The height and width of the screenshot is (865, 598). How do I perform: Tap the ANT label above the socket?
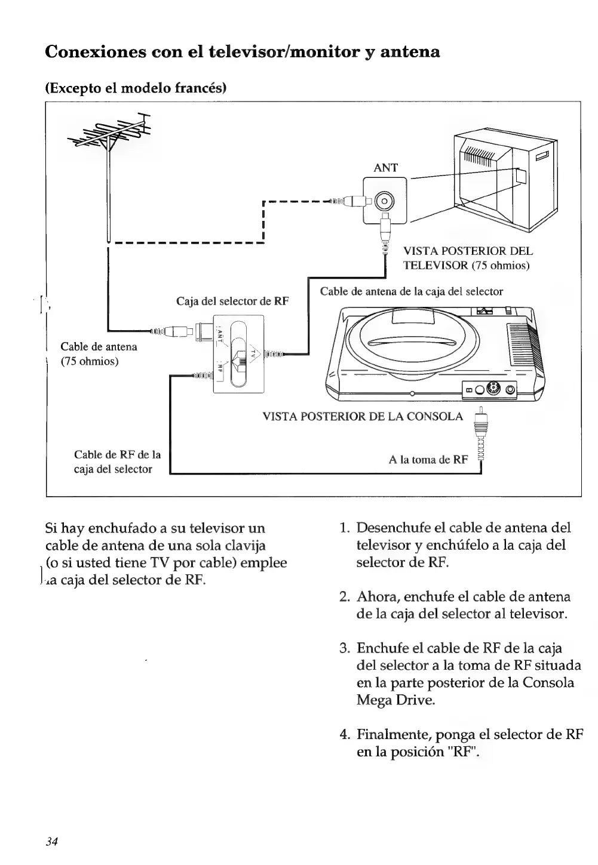click(385, 168)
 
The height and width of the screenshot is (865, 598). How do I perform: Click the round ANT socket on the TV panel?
click(385, 200)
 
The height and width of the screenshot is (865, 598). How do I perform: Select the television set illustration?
click(505, 179)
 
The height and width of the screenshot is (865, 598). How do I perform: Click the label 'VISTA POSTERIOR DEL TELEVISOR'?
click(468, 258)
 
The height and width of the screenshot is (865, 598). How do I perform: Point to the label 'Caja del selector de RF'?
click(232, 301)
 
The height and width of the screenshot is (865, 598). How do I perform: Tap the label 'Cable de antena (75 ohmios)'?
click(99, 354)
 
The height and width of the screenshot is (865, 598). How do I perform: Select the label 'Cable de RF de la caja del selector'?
click(117, 461)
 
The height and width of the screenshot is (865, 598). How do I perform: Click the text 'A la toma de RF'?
click(428, 460)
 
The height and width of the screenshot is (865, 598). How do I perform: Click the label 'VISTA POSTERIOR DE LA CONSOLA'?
click(363, 416)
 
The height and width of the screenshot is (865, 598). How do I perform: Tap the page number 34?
click(51, 842)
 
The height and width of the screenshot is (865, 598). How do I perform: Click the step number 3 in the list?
click(344, 648)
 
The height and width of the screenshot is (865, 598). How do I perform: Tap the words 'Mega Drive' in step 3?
click(395, 700)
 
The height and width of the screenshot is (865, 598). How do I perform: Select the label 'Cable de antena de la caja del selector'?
click(411, 291)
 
